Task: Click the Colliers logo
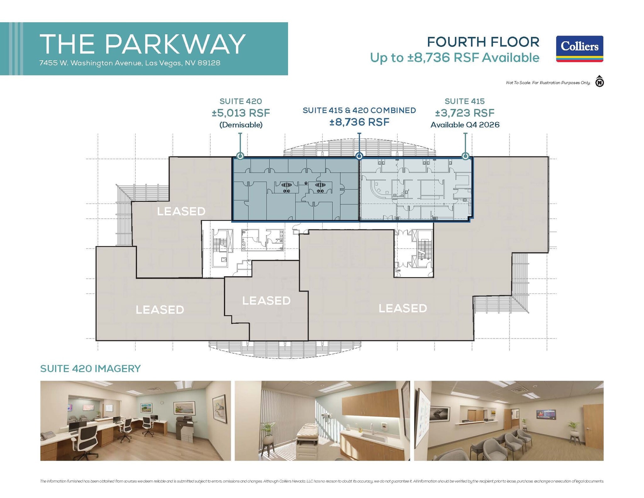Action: (579, 49)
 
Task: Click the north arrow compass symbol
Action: (599, 82)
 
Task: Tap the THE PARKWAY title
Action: (142, 44)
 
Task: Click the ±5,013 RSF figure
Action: (241, 113)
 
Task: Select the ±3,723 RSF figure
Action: (464, 113)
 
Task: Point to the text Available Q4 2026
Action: (464, 125)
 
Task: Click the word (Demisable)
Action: (241, 125)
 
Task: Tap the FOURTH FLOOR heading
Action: (483, 42)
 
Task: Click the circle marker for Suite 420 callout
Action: (240, 156)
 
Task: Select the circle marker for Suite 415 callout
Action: (465, 156)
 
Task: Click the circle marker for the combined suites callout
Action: (359, 156)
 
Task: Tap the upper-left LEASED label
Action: (181, 211)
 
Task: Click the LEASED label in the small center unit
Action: (266, 301)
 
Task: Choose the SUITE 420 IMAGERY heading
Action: (90, 368)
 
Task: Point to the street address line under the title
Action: (130, 63)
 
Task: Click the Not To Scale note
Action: (548, 83)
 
